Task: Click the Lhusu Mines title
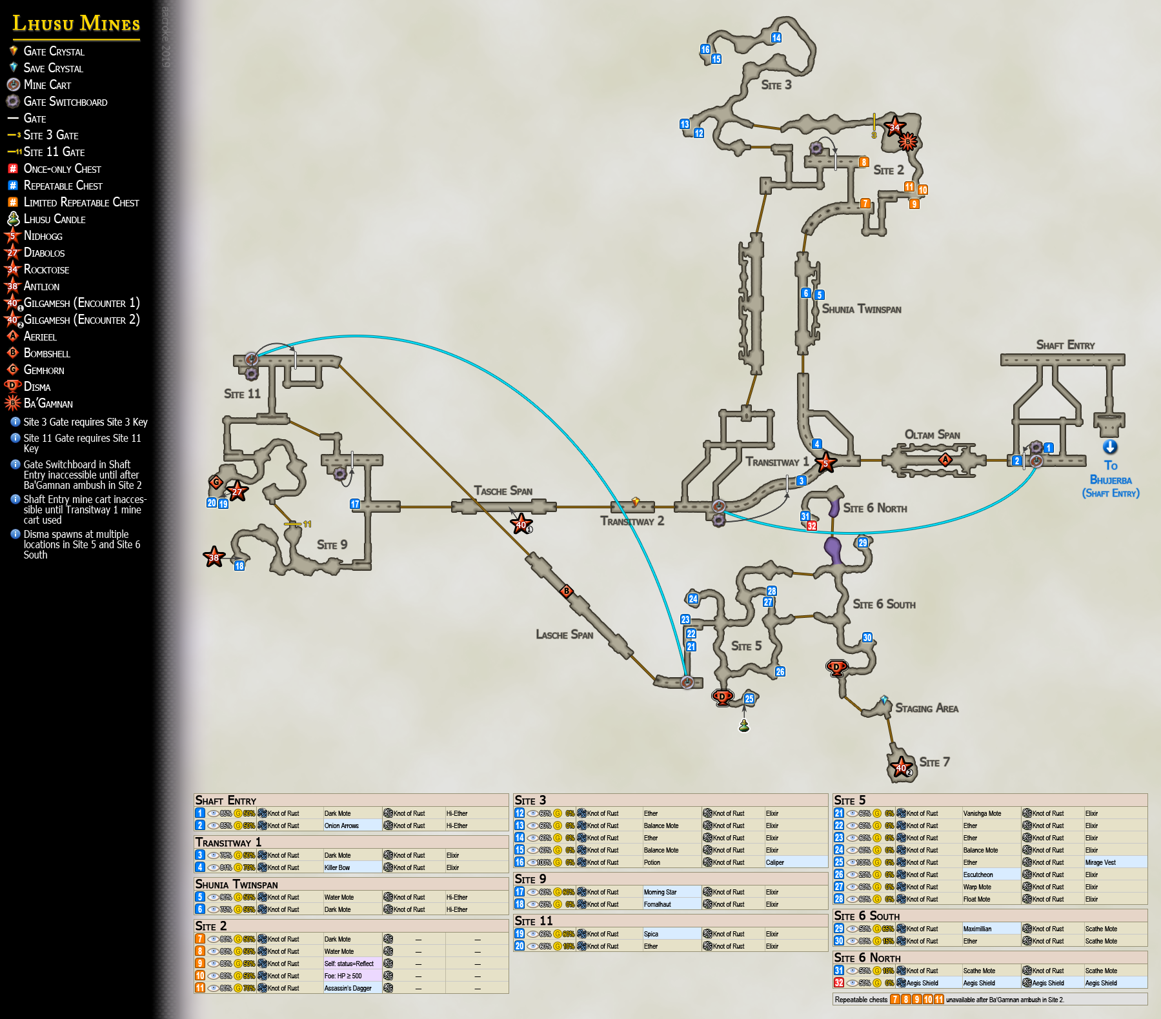[76, 24]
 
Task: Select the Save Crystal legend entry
[53, 68]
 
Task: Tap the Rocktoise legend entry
[46, 270]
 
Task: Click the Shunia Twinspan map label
[862, 310]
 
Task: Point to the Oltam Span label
[932, 435]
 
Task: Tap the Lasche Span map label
[564, 635]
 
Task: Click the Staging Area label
[926, 708]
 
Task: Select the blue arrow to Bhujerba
[1110, 447]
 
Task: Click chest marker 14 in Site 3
[776, 38]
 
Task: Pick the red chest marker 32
[812, 526]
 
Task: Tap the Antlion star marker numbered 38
[214, 557]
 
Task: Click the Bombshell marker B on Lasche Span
[567, 591]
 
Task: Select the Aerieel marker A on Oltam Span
[945, 460]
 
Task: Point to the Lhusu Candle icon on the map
[744, 726]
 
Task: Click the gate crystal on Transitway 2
[635, 501]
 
